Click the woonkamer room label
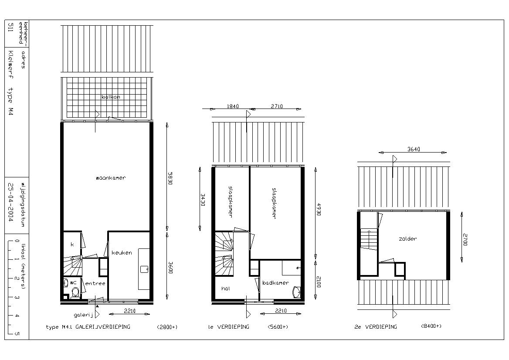pos(111,178)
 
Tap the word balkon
pos(111,97)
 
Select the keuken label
pos(122,252)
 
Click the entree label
pos(95,283)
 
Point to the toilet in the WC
pos(76,292)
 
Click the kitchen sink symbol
pos(144,269)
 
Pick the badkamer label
pos(275,283)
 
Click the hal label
pos(226,288)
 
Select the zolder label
pos(408,238)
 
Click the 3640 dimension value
pos(414,149)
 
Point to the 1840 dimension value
pos(233,106)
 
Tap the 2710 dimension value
pos(277,106)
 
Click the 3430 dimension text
pos(203,200)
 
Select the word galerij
pos(83,315)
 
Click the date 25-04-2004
pos(10,202)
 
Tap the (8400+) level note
pos(431,326)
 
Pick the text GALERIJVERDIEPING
pos(102,326)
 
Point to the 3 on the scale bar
pos(17,297)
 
